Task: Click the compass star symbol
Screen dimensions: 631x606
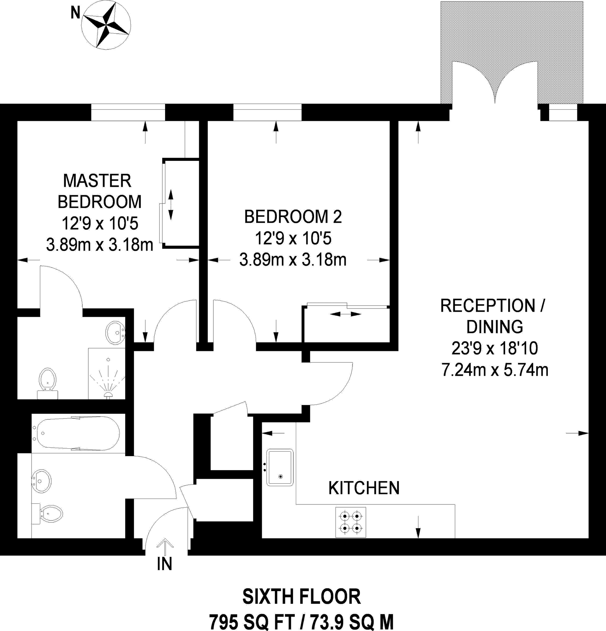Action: click(106, 25)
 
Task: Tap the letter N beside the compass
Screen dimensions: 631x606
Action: click(75, 13)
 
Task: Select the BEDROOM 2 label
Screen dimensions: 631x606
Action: click(293, 217)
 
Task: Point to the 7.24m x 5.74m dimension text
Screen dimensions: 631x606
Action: click(495, 370)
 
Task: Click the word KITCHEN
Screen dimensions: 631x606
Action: click(364, 488)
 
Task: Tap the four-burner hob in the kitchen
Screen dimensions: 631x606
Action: click(351, 522)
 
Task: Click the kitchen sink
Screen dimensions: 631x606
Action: click(280, 467)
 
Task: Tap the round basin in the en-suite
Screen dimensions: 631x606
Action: click(115, 333)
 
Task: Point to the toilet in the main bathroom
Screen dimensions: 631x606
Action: click(49, 514)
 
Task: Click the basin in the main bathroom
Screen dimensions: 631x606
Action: click(41, 481)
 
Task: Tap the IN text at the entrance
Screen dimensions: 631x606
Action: click(164, 564)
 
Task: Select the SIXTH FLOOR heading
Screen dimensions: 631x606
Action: click(301, 597)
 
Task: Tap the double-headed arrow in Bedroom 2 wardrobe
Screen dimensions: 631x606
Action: click(345, 314)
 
